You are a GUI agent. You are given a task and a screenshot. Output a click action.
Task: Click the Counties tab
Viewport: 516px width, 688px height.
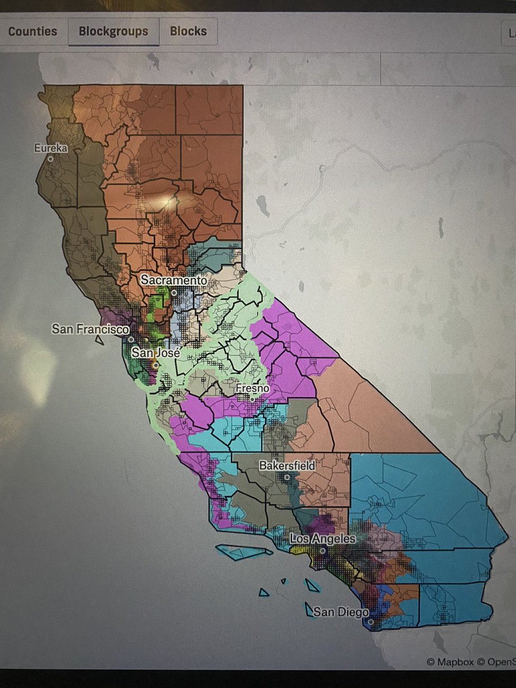click(32, 31)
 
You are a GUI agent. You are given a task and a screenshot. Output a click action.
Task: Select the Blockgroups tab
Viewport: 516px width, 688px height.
click(114, 31)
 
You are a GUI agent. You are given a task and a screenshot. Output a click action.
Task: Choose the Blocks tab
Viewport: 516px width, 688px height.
click(188, 31)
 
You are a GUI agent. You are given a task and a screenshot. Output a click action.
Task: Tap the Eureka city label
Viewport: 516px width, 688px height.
click(51, 148)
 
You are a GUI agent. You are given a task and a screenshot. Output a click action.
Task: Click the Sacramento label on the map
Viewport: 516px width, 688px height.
click(174, 281)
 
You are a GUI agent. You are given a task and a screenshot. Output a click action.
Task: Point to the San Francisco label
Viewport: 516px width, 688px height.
click(90, 330)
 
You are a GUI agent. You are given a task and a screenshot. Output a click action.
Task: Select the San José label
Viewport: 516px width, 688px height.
click(157, 353)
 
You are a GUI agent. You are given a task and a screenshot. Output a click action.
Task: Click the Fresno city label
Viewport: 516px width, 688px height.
click(252, 389)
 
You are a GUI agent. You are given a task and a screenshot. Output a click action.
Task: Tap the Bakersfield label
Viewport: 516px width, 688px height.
click(287, 466)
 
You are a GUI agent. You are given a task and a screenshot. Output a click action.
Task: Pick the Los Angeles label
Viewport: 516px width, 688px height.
click(323, 540)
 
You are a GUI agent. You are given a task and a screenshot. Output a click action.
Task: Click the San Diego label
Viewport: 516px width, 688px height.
click(341, 612)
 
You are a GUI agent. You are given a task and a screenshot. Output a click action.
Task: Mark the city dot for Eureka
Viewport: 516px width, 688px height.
click(50, 159)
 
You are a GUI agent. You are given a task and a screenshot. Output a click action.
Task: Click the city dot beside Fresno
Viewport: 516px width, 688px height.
click(252, 398)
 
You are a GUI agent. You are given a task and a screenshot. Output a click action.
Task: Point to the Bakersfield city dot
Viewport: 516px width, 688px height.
click(287, 476)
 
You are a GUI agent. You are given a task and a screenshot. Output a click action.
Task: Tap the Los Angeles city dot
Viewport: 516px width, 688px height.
click(323, 550)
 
